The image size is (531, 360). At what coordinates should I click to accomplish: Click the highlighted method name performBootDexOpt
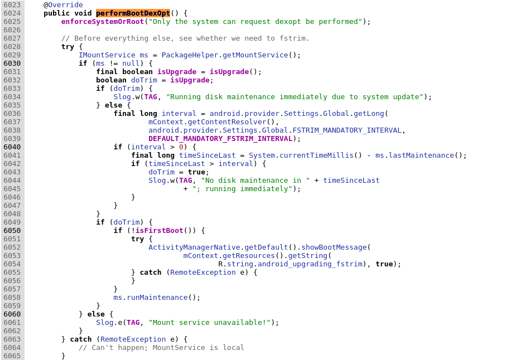133,13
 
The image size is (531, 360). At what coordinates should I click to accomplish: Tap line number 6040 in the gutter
12,147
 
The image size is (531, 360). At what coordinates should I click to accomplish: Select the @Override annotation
63,5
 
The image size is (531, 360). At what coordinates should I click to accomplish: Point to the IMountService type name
107,55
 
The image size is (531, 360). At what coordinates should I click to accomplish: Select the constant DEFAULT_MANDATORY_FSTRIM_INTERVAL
220,139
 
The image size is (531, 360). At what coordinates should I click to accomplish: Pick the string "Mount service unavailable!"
209,323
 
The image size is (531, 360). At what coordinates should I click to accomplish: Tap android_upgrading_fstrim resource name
310,264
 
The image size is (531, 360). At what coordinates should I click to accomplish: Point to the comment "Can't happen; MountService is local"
161,348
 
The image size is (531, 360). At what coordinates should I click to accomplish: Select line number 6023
12,5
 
